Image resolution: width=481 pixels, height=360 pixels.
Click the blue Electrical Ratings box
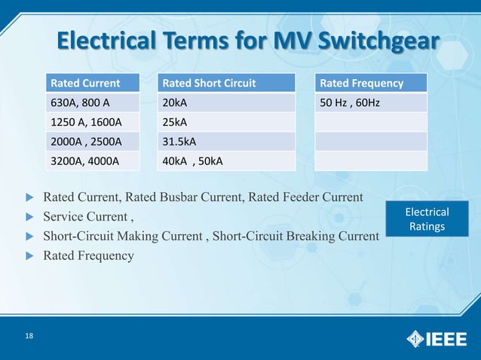click(x=427, y=219)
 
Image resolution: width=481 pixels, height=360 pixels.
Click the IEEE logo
click(x=437, y=338)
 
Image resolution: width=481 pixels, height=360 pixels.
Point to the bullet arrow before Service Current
click(x=30, y=217)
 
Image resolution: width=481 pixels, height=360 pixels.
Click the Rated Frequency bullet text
click(x=88, y=255)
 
